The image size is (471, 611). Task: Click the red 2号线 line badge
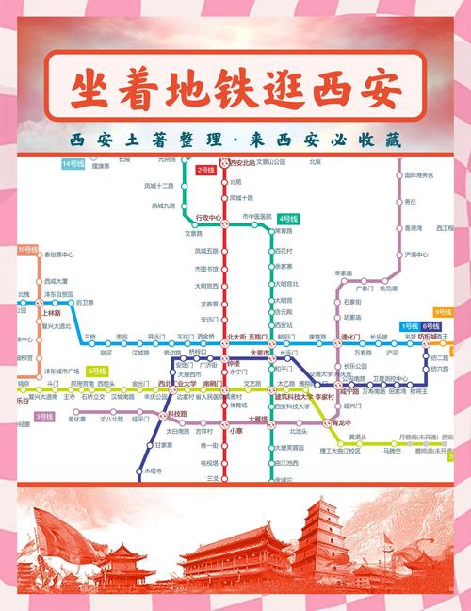click(x=205, y=171)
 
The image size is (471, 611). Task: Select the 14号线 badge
click(x=73, y=164)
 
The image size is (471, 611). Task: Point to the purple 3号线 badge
click(x=44, y=416)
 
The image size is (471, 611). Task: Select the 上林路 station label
click(x=52, y=313)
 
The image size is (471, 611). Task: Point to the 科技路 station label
click(x=177, y=414)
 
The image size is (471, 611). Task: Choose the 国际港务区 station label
click(x=419, y=175)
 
